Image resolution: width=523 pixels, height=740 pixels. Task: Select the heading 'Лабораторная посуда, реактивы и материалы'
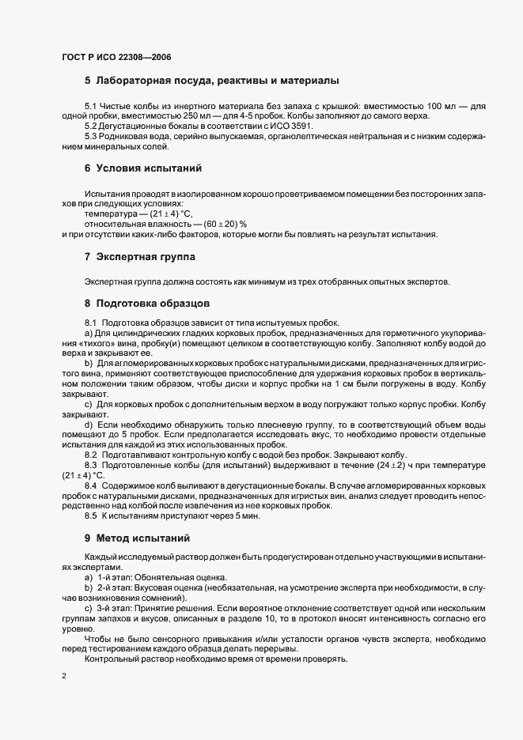(x=218, y=81)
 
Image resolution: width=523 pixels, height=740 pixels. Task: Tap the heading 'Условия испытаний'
(x=149, y=168)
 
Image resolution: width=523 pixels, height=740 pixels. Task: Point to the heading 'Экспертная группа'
(x=146, y=258)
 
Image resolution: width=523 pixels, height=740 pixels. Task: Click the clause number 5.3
(x=91, y=136)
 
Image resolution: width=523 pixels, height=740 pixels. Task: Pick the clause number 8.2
(x=91, y=455)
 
